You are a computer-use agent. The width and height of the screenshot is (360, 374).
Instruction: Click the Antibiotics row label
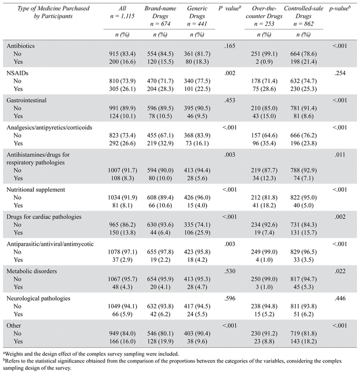point(21,46)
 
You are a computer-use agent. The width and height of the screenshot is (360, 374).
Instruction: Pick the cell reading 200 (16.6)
point(122,62)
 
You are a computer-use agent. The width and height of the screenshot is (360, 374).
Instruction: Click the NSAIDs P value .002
point(230,73)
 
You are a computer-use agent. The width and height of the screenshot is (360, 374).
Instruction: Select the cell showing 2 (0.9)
point(264,62)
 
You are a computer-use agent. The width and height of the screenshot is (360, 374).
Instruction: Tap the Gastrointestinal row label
point(26,100)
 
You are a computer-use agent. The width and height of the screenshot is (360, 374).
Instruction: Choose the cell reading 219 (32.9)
point(160,144)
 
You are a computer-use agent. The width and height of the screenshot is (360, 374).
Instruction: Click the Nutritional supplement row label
point(36,190)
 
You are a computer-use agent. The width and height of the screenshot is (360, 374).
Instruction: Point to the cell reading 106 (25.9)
point(197,233)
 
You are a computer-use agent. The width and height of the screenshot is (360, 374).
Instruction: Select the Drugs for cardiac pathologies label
point(44,217)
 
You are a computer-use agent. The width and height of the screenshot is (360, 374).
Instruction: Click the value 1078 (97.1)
point(122,252)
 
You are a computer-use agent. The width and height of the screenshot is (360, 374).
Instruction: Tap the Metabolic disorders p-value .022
point(340,271)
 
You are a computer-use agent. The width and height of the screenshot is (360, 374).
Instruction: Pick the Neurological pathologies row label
point(39,298)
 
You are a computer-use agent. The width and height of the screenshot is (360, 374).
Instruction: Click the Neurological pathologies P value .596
point(230,298)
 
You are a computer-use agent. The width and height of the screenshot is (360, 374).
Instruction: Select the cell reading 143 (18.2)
point(303,342)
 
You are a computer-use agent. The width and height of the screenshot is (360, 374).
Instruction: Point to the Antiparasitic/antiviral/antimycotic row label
point(50,244)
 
